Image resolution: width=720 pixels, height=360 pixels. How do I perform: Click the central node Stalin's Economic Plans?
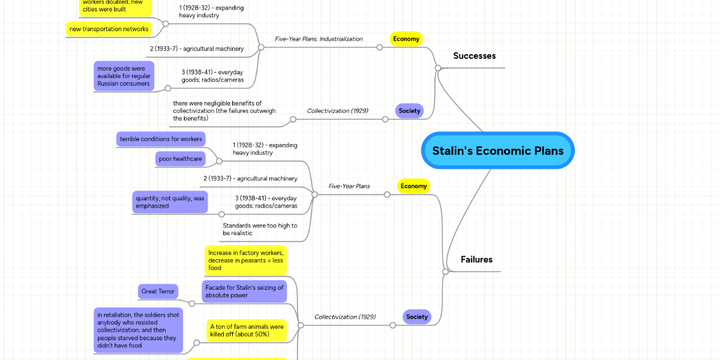point(497,151)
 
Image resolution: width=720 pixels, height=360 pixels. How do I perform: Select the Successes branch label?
point(474,56)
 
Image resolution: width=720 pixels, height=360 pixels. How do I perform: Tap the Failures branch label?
point(476,260)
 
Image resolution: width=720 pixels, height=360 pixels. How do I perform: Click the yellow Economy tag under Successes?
point(406,39)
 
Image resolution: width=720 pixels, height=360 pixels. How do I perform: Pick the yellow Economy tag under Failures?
point(413,186)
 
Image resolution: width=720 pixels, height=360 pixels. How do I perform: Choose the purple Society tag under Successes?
point(410,110)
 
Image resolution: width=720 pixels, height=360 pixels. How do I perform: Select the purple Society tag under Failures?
point(417,317)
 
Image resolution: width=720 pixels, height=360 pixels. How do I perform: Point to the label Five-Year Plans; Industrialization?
point(319,39)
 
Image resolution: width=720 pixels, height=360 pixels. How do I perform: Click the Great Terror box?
point(158,292)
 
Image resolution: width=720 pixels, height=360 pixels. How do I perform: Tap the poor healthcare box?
point(180,159)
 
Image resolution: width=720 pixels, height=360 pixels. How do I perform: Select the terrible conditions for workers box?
point(161,139)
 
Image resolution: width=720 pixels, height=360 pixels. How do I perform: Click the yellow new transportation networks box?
point(109,29)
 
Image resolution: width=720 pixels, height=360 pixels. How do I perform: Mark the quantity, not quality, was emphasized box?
point(170,202)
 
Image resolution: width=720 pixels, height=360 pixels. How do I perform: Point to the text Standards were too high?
point(259,229)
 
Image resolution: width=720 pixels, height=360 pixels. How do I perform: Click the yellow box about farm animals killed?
point(246,331)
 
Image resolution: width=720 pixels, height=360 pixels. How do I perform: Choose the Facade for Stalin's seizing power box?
point(244,292)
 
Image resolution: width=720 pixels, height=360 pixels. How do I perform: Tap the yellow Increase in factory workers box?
point(245,260)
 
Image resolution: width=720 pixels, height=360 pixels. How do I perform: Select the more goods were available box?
point(124,76)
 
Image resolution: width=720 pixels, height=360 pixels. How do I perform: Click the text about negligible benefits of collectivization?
point(224,111)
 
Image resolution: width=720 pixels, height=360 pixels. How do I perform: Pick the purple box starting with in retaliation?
point(138,330)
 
